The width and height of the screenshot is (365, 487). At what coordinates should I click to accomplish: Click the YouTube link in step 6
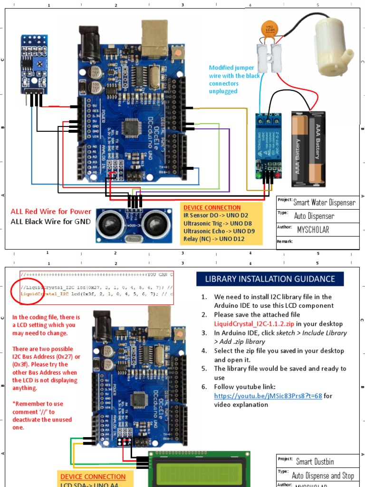[268, 396]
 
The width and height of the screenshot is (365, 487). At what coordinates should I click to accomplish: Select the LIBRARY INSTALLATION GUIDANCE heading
[269, 279]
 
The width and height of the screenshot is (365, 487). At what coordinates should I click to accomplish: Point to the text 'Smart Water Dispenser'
[324, 203]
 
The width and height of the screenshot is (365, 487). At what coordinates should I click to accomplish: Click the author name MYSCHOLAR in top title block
[313, 230]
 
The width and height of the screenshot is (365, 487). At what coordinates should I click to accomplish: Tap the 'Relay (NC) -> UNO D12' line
[214, 239]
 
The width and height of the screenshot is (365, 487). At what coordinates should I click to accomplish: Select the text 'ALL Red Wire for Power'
[51, 212]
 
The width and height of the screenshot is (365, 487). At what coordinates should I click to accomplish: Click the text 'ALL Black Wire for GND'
[50, 222]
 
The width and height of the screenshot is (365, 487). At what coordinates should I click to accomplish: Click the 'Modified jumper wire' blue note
[234, 79]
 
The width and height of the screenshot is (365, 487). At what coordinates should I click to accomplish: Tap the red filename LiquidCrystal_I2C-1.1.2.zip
[254, 323]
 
